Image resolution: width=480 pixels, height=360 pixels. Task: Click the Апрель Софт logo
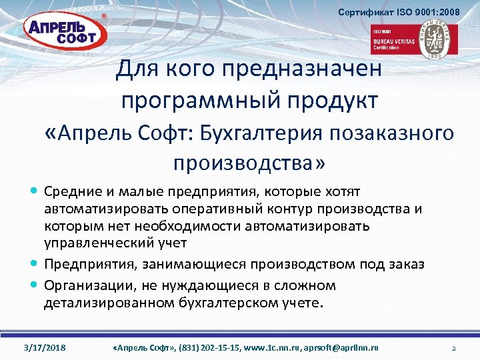pyautogui.click(x=61, y=31)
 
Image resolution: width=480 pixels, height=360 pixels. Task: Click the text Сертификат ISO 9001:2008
pyautogui.click(x=399, y=12)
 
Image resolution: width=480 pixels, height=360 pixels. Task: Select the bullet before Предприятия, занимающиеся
pyautogui.click(x=34, y=265)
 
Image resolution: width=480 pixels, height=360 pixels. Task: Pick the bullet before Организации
pyautogui.click(x=34, y=285)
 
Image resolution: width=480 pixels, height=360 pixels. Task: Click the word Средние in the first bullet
pyautogui.click(x=71, y=193)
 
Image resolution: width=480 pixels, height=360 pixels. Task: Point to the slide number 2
pyautogui.click(x=453, y=348)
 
